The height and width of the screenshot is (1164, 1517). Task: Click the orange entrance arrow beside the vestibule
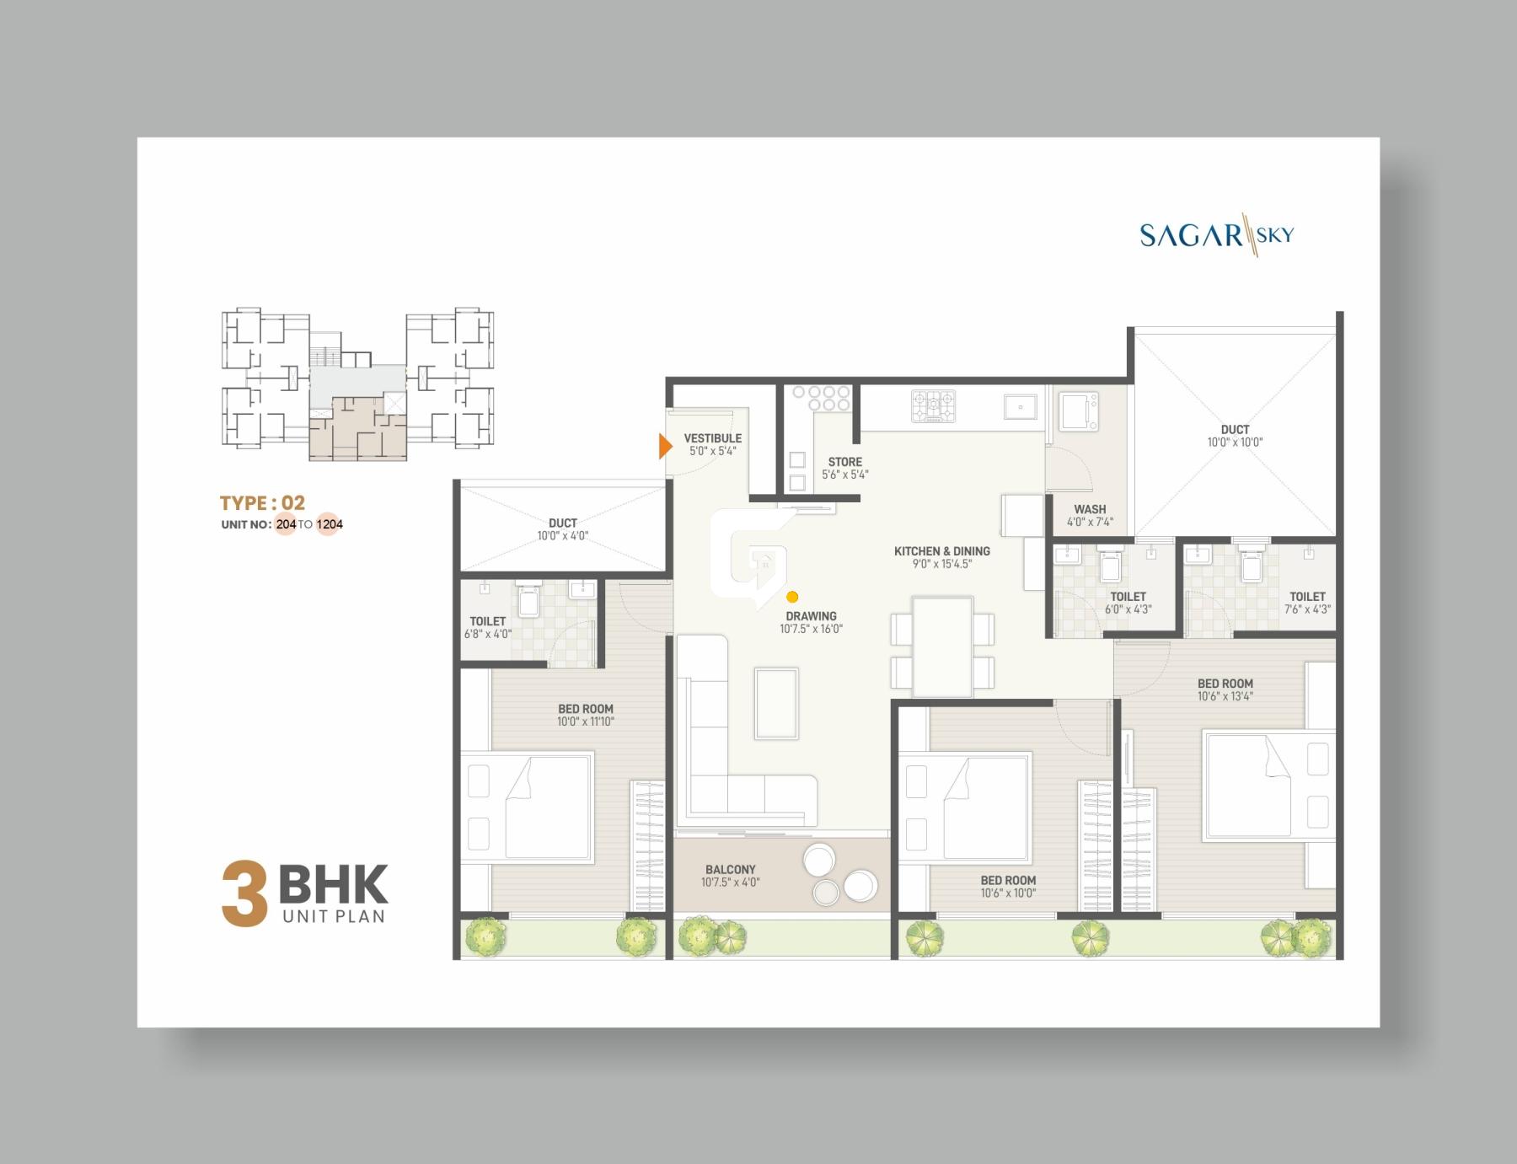click(665, 446)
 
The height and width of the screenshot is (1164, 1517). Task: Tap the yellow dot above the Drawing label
click(792, 597)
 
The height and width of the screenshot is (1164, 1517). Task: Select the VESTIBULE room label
click(712, 438)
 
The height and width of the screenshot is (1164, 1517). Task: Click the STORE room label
click(844, 462)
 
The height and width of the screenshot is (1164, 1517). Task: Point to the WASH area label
click(1090, 509)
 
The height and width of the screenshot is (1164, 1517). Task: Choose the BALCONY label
click(730, 870)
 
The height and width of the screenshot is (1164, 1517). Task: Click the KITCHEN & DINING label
click(941, 551)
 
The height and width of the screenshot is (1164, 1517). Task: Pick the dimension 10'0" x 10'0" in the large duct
click(1235, 442)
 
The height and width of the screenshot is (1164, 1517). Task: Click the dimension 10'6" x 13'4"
click(1225, 696)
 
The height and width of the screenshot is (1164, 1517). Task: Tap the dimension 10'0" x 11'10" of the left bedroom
click(585, 721)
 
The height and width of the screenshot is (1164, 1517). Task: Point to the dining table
click(942, 646)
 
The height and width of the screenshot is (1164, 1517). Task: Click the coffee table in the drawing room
click(776, 703)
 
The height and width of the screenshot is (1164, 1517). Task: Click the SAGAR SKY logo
click(1216, 234)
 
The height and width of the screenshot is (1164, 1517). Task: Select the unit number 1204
click(330, 524)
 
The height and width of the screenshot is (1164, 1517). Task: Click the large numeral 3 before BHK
click(244, 893)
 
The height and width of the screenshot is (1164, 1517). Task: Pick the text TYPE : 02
click(262, 503)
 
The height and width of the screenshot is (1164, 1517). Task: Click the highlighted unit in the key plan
click(357, 428)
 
